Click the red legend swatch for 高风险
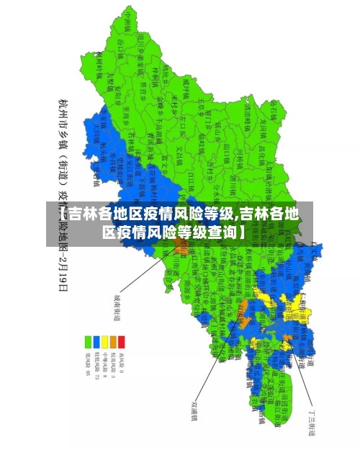[122, 342]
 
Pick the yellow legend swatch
[104, 342]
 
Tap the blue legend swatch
[96, 342]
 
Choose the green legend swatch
[87, 342]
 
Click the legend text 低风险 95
[87, 363]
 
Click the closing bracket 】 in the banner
[241, 232]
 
